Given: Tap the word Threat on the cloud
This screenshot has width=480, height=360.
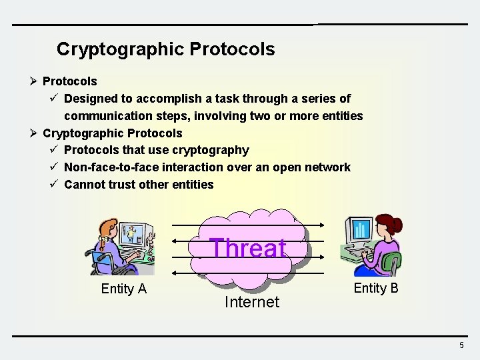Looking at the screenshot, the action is (x=249, y=248).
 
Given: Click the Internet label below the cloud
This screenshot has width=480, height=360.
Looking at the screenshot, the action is (x=251, y=302).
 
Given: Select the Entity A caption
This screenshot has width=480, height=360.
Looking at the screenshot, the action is (x=123, y=289).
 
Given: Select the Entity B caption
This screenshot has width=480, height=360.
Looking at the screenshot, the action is (x=376, y=288).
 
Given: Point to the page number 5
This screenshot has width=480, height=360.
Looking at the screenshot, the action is (x=461, y=345).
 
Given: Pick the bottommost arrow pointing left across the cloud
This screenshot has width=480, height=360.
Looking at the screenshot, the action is (x=247, y=272).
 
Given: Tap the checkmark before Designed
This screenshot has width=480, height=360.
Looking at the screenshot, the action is (x=55, y=99).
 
